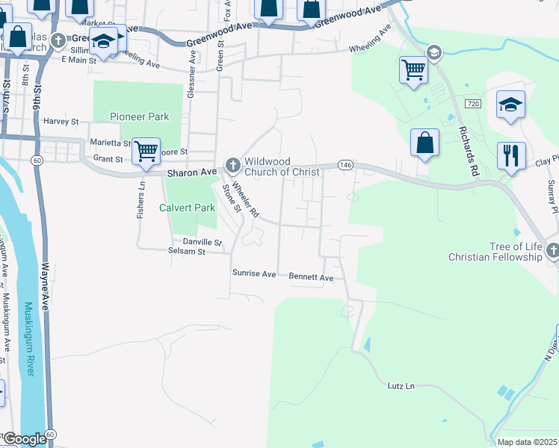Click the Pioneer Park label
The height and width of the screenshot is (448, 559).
pyautogui.click(x=139, y=116)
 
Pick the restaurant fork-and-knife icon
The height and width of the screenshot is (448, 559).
pyautogui.click(x=511, y=155)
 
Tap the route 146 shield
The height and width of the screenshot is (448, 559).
pyautogui.click(x=345, y=164)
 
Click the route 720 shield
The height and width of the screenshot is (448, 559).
pyautogui.click(x=471, y=103)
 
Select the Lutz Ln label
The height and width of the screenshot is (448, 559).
pyautogui.click(x=401, y=386)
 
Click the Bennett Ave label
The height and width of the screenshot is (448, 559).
pyautogui.click(x=311, y=278)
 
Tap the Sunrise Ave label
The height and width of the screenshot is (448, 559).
pyautogui.click(x=254, y=274)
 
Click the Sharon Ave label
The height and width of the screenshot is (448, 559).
pyautogui.click(x=191, y=172)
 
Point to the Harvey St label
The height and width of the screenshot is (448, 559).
pyautogui.click(x=61, y=121)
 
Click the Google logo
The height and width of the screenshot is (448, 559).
pyautogui.click(x=24, y=439)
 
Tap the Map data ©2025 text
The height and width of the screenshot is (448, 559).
pyautogui.click(x=528, y=442)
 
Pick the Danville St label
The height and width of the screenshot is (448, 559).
pyautogui.click(x=203, y=242)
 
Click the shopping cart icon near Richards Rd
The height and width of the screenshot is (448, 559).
pyautogui.click(x=413, y=69)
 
